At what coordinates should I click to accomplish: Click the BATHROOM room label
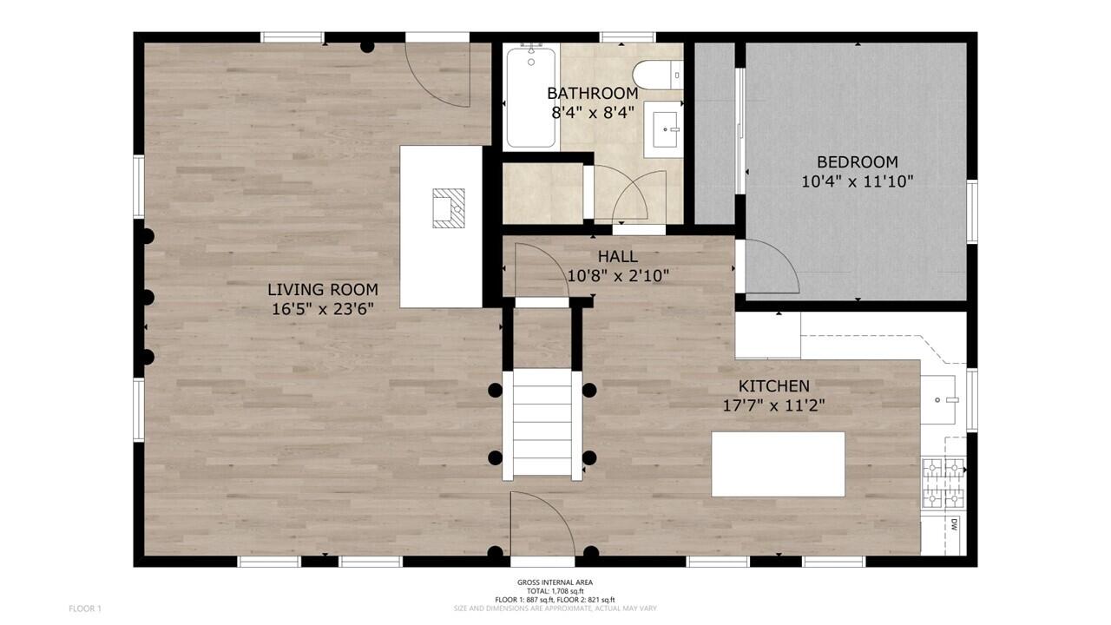[x=593, y=93]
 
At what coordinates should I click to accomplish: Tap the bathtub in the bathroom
[x=531, y=97]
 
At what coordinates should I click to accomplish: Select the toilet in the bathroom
[x=657, y=75]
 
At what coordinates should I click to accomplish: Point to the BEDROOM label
[x=858, y=162]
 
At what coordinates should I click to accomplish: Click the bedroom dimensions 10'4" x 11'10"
[x=858, y=181]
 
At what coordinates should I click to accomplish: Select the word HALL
[x=617, y=257]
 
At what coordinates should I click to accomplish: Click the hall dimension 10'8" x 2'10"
[x=617, y=276]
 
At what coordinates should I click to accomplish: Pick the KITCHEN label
[x=774, y=386]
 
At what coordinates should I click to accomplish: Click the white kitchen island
[x=778, y=464]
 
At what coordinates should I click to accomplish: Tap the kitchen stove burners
[x=943, y=483]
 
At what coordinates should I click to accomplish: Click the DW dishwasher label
[x=953, y=524]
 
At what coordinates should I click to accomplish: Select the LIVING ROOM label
[x=322, y=290]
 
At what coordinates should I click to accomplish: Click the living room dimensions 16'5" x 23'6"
[x=322, y=309]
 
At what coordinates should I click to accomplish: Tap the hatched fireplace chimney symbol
[x=449, y=207]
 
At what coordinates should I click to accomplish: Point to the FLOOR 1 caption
[x=85, y=609]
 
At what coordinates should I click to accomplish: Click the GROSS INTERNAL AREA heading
[x=555, y=582]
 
